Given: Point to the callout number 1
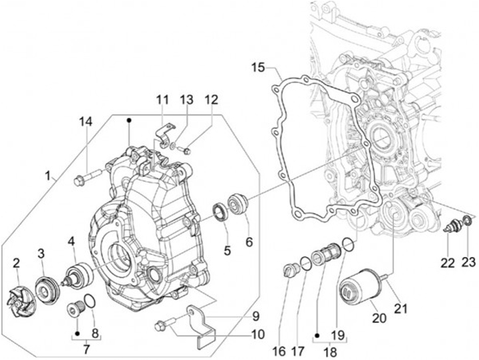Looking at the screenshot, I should (48, 176).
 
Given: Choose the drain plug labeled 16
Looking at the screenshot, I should (291, 270).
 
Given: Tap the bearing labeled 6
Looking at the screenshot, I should (238, 202).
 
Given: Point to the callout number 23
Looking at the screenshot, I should (469, 262).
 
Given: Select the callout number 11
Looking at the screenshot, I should (163, 100).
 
